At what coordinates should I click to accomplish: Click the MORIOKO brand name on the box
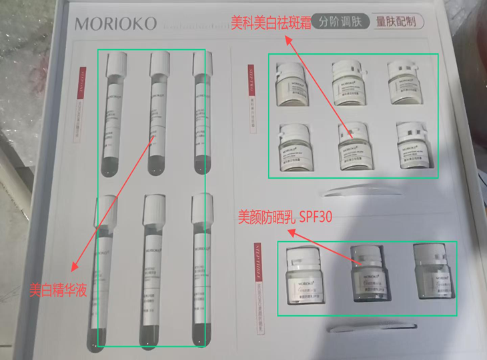pyautogui.click(x=116, y=24)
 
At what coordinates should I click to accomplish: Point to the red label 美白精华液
pyautogui.click(x=59, y=291)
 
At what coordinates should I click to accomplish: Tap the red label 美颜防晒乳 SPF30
pyautogui.click(x=286, y=217)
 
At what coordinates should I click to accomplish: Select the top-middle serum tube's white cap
pyautogui.click(x=161, y=63)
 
